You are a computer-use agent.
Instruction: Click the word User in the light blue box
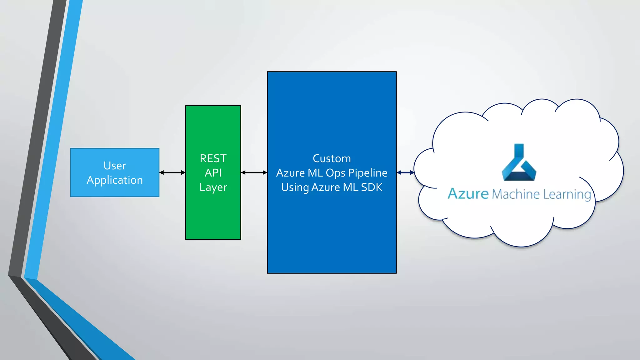(115, 166)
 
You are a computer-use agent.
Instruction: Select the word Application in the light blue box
(115, 180)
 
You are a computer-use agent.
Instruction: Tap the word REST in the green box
(213, 158)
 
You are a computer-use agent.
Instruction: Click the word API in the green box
(213, 173)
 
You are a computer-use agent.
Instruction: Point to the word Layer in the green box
(213, 187)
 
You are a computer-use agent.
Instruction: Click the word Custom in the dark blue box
(332, 158)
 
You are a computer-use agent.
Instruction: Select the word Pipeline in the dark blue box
(367, 173)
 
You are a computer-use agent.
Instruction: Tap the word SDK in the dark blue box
(372, 187)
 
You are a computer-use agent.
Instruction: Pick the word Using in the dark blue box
(295, 187)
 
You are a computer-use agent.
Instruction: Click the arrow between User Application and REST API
(172, 172)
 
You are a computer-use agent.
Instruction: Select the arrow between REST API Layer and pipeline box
(254, 172)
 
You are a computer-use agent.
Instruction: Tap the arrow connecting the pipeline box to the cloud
(405, 172)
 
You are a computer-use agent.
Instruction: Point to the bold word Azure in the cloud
(468, 194)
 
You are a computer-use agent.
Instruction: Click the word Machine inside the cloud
(516, 194)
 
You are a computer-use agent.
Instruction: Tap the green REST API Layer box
(213, 212)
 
